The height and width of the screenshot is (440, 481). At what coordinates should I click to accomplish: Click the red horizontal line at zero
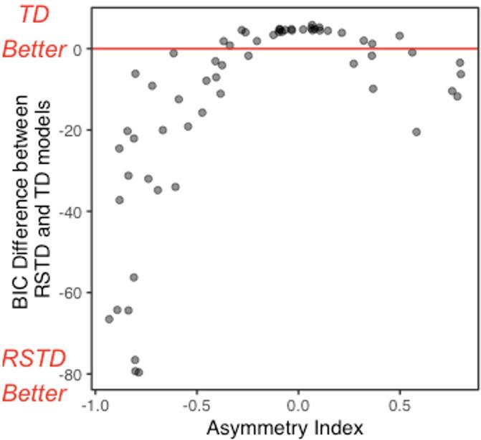pos(287,49)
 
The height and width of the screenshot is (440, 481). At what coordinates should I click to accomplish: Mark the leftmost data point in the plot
pos(109,319)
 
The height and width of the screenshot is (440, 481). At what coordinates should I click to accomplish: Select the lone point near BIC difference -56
pos(134,277)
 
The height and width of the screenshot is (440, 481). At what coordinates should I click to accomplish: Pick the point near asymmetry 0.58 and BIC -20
pos(416,132)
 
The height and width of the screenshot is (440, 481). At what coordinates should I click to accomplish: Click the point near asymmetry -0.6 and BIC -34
pos(175,187)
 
